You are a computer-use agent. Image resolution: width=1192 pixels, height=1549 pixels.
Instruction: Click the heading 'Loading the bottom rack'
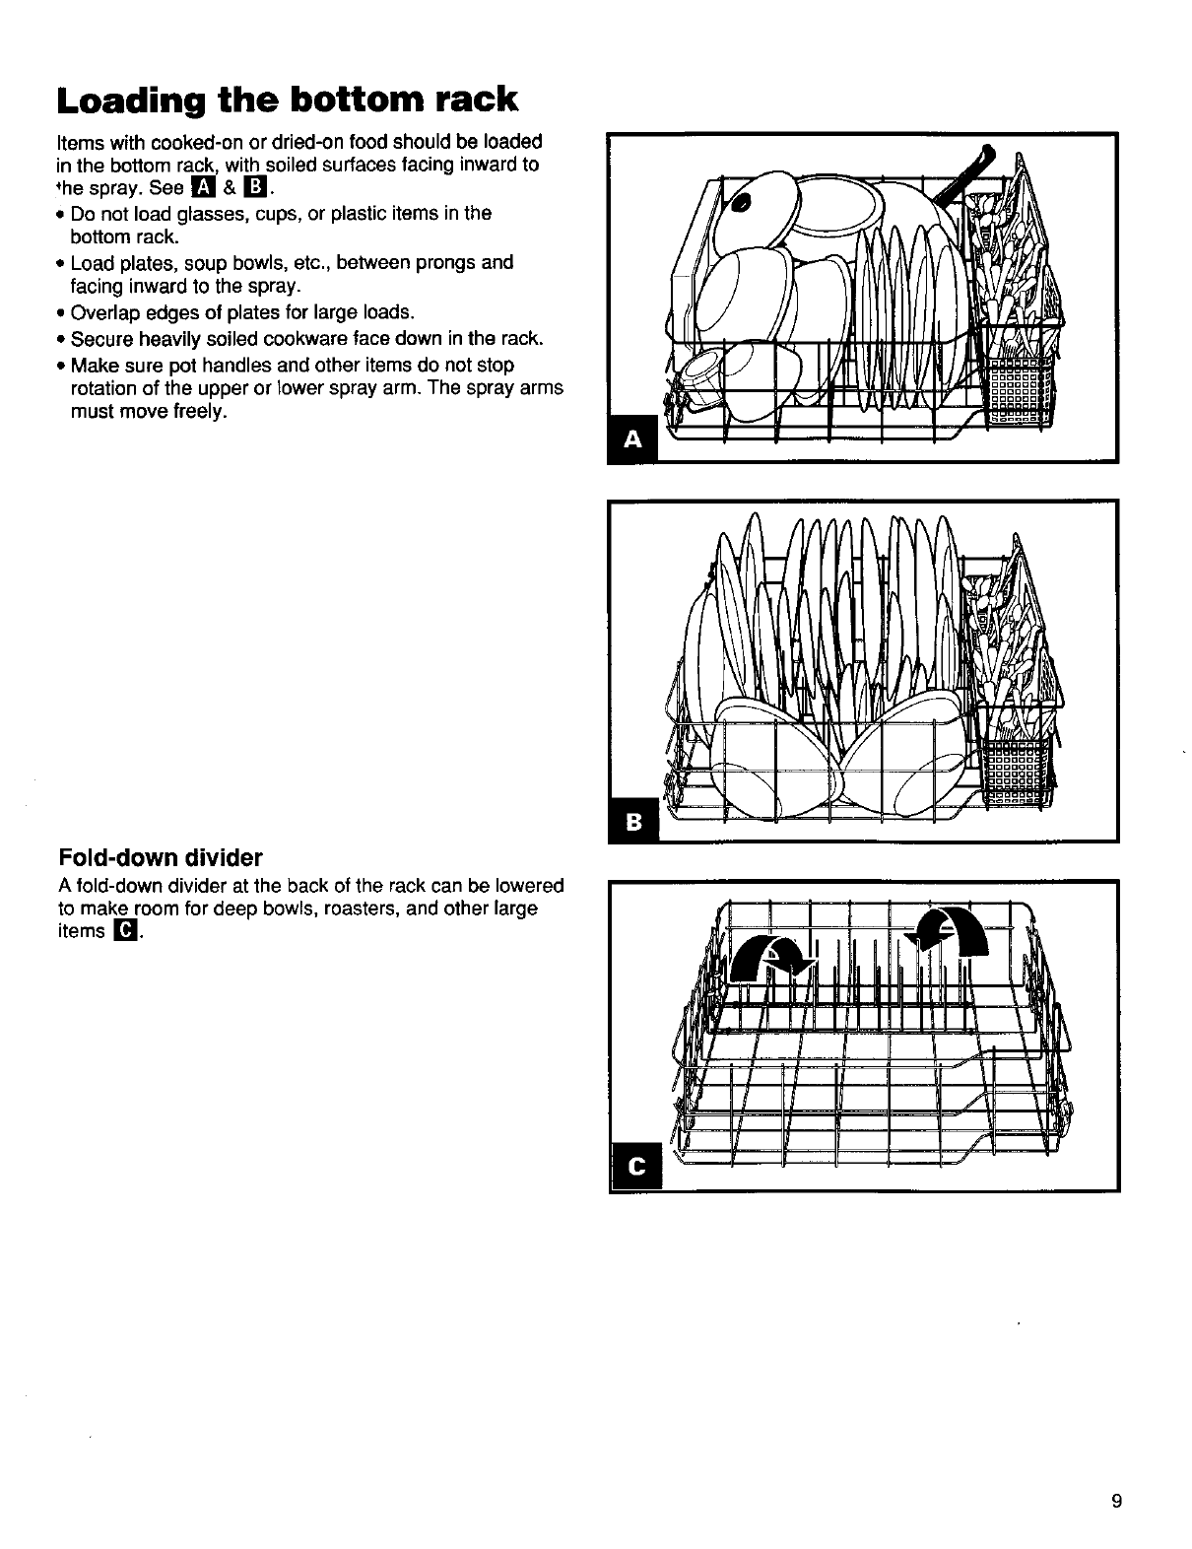[x=287, y=100]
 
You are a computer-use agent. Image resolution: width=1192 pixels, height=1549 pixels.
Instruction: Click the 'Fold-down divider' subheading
[x=161, y=855]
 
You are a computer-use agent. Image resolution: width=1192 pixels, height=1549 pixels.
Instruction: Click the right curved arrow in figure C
[x=951, y=932]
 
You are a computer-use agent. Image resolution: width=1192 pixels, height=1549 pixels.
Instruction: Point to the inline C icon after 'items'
[x=125, y=931]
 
